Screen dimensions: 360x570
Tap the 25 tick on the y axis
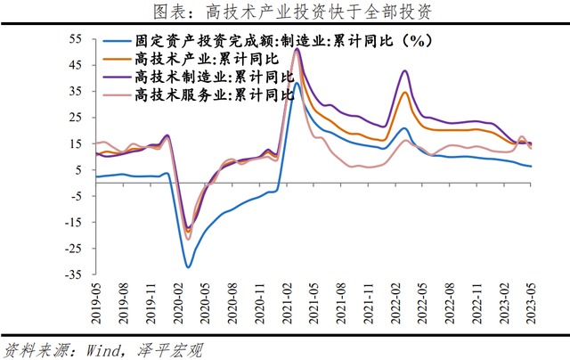pyautogui.click(x=76, y=118)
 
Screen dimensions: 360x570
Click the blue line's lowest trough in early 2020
pyautogui.click(x=188, y=266)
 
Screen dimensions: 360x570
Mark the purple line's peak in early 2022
pyautogui.click(x=405, y=70)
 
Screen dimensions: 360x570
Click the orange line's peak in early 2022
pyautogui.click(x=405, y=93)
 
